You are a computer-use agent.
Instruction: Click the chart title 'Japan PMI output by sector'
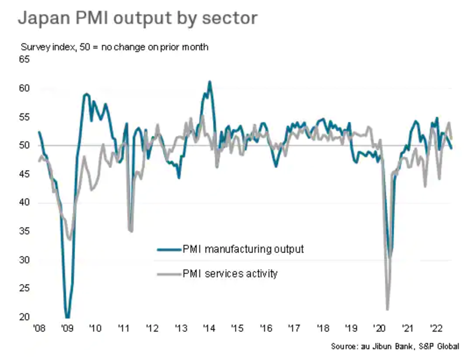point(137,18)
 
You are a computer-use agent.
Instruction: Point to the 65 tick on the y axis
point(25,60)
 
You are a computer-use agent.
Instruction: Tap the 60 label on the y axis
point(25,88)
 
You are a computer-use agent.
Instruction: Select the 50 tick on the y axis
point(25,146)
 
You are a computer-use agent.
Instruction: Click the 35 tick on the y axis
point(25,231)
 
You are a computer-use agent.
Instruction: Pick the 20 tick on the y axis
point(25,317)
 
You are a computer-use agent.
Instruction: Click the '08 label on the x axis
point(39,327)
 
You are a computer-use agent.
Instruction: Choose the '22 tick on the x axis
point(435,327)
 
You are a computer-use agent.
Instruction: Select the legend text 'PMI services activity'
point(230,273)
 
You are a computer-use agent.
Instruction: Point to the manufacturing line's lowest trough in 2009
point(68,317)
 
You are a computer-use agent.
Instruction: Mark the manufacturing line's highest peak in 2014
point(209,82)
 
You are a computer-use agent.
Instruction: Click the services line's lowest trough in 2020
point(387,309)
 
